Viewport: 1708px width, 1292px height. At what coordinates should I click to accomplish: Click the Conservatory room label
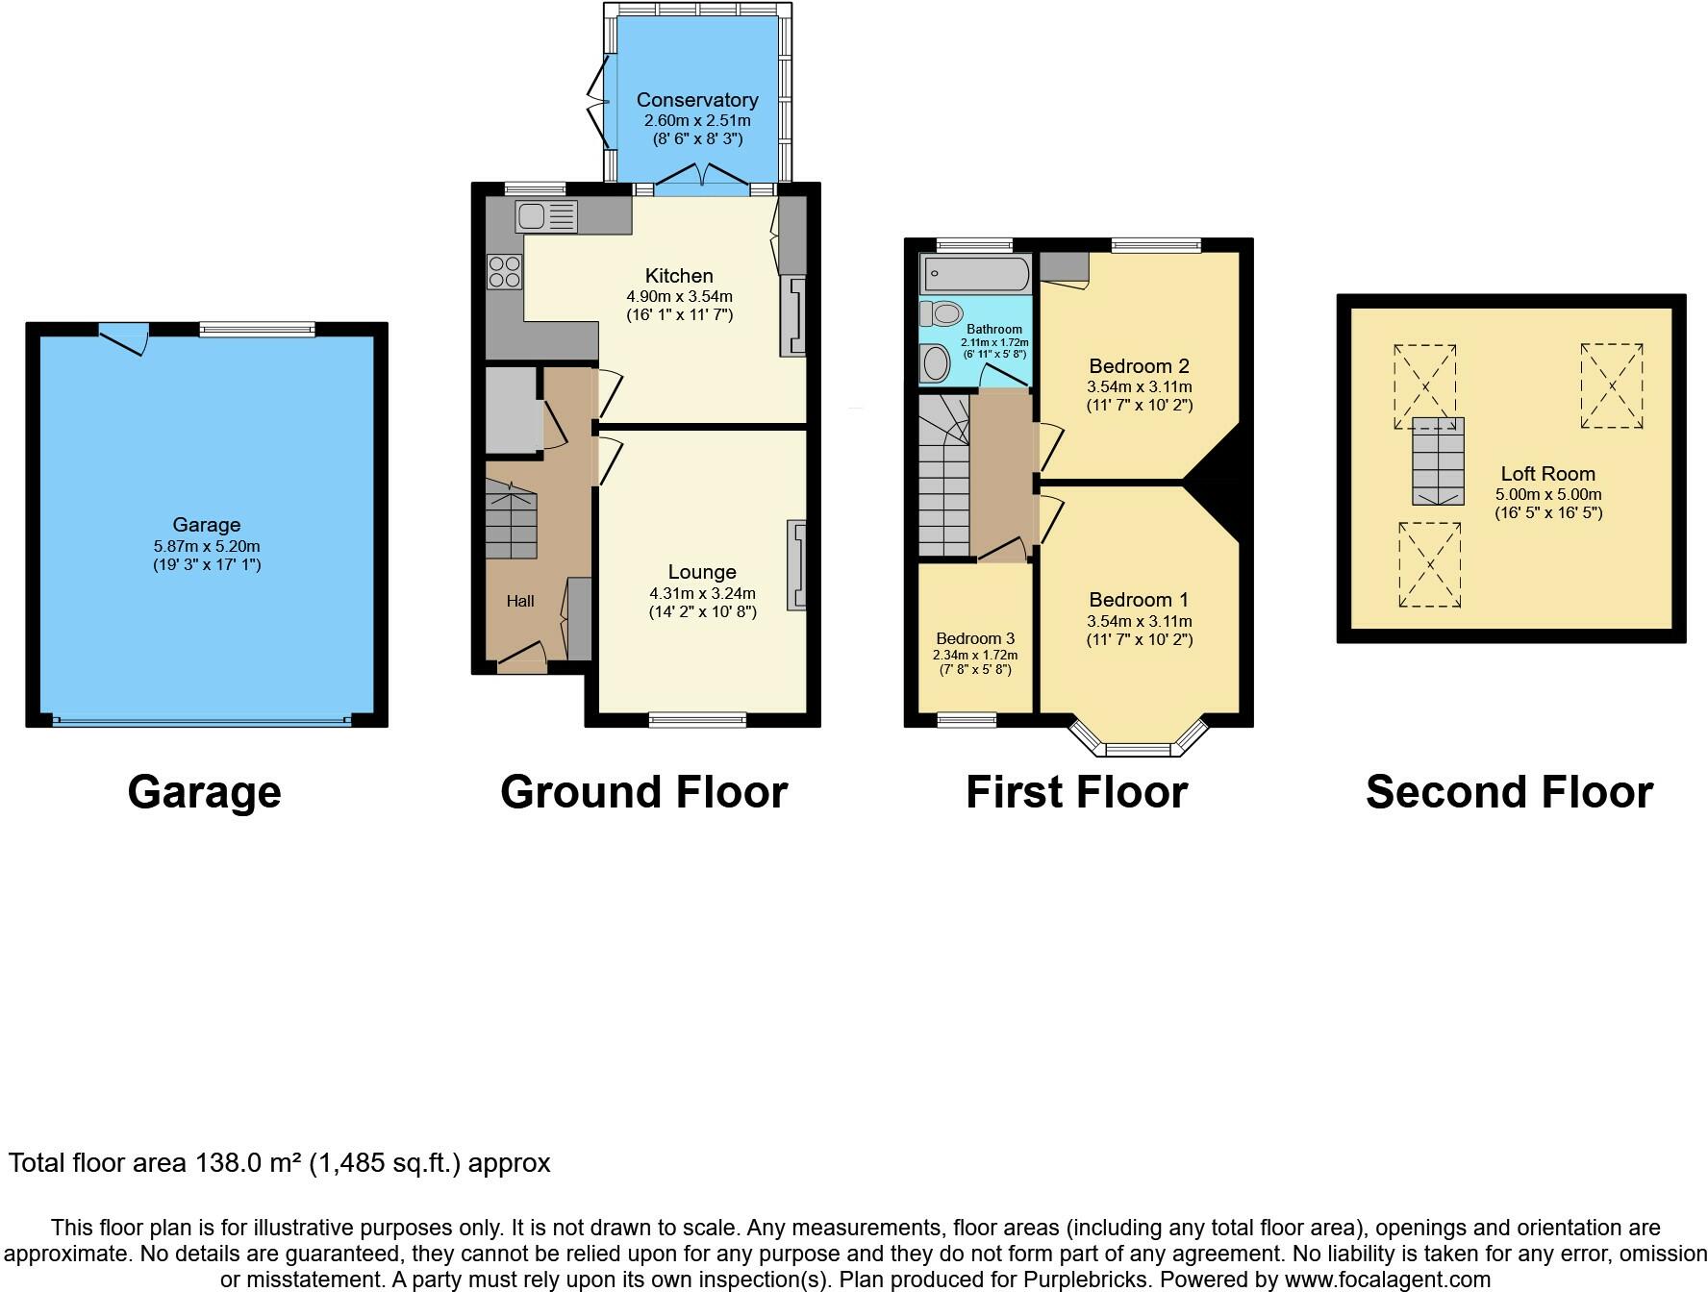697,100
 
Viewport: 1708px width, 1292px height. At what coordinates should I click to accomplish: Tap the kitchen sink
546,216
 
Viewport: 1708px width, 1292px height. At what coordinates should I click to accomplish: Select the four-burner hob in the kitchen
504,270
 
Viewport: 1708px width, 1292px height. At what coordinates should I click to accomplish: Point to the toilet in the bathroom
942,313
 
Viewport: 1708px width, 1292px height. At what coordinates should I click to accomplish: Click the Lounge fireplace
797,565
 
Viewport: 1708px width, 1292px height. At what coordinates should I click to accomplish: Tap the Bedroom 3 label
975,638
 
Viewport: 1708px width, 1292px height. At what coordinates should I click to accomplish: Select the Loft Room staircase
1438,461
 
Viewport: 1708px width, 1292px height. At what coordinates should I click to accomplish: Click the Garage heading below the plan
204,792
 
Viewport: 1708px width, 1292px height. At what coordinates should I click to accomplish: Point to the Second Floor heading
1509,792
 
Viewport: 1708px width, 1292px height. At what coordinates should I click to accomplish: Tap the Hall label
520,601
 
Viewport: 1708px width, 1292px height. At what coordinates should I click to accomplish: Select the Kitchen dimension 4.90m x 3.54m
679,296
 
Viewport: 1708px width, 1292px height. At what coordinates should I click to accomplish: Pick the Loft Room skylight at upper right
1612,386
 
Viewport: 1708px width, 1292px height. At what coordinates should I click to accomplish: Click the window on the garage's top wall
257,330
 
